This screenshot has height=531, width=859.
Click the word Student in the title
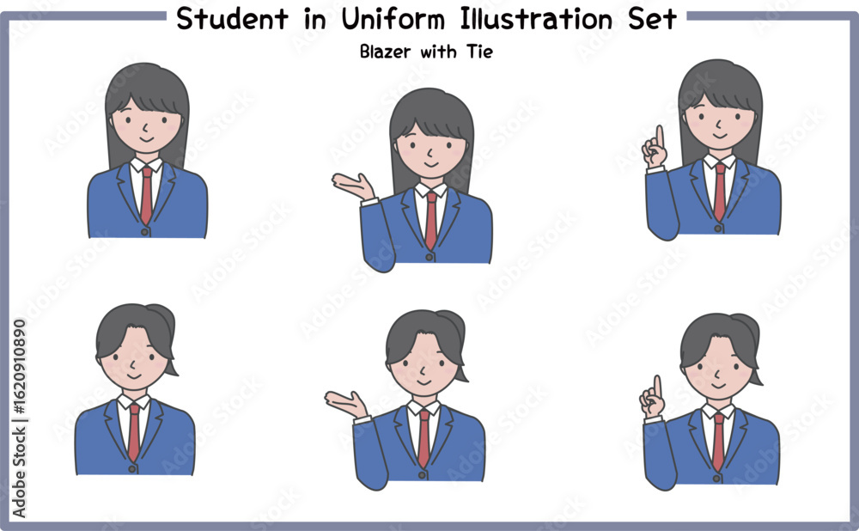point(232,19)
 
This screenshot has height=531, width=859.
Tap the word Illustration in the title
point(536,19)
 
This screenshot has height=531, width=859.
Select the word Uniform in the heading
point(393,19)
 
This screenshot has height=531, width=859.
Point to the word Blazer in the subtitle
point(385,52)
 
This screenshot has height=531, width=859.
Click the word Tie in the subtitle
point(480,52)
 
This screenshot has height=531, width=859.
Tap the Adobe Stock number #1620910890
point(19,366)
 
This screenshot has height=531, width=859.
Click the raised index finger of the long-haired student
point(660,137)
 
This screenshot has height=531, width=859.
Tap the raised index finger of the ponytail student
point(657,387)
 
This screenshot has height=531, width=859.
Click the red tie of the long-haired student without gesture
point(146,195)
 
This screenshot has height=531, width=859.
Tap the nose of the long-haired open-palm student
point(430,152)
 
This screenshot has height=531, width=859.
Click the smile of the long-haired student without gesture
point(146,139)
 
